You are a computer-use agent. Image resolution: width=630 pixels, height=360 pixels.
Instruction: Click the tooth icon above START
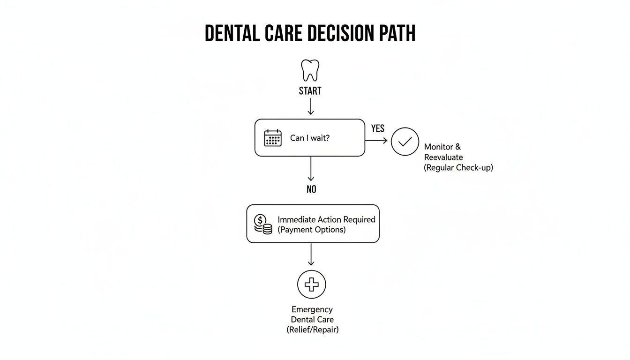click(310, 70)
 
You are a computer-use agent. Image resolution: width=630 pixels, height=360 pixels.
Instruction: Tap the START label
click(310, 91)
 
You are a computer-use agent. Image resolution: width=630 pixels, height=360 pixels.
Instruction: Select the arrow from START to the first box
click(310, 107)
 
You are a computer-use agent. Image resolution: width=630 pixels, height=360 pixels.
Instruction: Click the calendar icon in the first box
click(273, 138)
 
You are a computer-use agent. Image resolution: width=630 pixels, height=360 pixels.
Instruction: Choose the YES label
click(377, 128)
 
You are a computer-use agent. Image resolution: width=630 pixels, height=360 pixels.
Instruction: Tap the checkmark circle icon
click(405, 141)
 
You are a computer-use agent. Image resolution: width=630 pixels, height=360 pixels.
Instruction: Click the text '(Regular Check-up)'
click(458, 167)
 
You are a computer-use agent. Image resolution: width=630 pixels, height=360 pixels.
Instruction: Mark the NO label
click(311, 189)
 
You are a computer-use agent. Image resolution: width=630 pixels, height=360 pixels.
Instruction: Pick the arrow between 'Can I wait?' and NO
click(310, 169)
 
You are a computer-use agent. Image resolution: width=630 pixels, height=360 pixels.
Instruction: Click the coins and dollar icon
click(263, 224)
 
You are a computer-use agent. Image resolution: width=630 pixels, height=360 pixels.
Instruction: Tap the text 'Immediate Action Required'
click(326, 219)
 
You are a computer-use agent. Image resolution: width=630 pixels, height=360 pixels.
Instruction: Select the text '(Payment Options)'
click(312, 230)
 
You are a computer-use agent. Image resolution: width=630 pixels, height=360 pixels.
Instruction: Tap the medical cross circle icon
click(311, 284)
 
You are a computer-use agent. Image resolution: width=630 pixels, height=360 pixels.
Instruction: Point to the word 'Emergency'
click(312, 309)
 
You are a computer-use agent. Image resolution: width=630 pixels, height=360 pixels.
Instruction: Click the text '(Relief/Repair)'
click(312, 330)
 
